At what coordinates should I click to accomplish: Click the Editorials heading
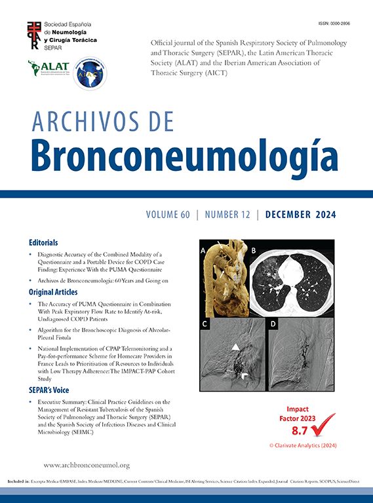[43, 242]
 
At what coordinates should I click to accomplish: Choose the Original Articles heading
[53, 291]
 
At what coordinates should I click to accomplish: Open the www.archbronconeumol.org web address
[87, 465]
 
